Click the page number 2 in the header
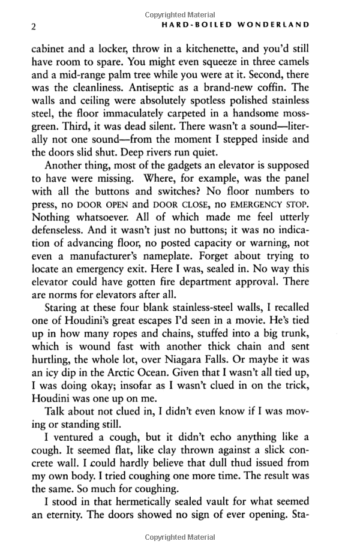coord(34,26)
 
